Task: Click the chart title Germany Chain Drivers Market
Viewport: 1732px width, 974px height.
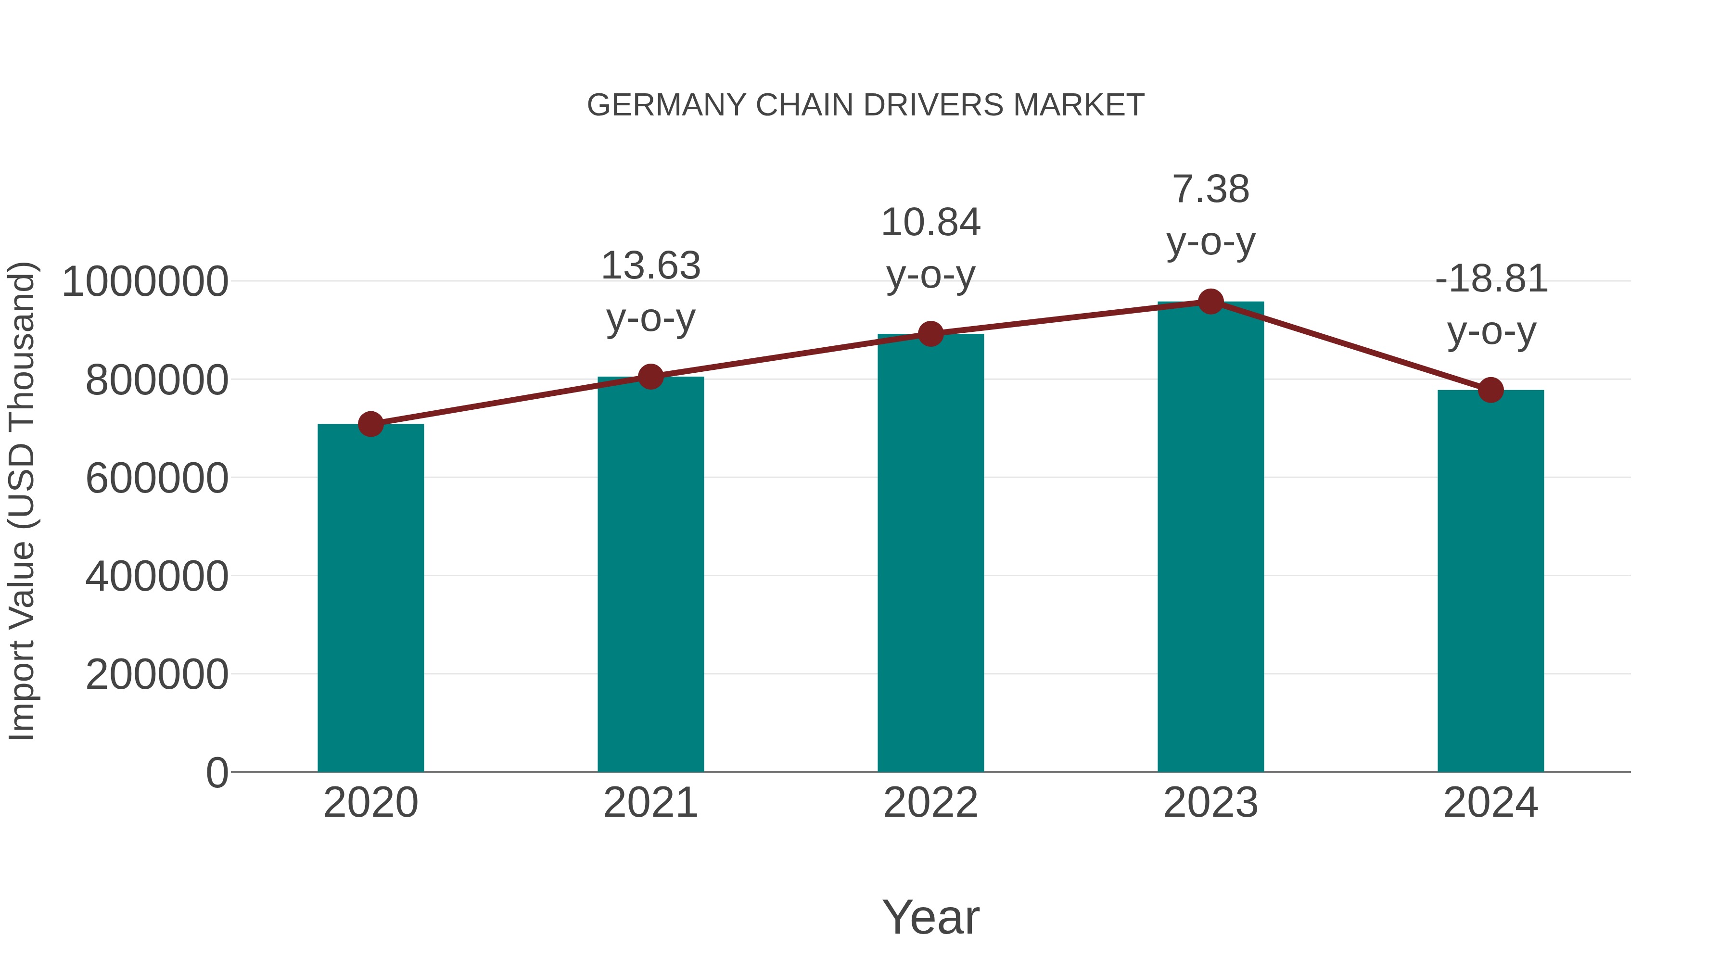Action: [x=866, y=105]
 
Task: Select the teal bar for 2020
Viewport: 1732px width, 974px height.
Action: [x=370, y=598]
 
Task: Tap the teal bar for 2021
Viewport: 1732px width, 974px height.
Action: [x=650, y=575]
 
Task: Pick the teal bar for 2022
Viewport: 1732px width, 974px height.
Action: [x=930, y=553]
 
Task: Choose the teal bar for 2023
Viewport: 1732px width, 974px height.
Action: [x=1210, y=538]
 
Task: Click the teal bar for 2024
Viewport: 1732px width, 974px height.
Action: [x=1490, y=582]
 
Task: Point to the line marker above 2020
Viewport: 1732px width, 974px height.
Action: [x=370, y=424]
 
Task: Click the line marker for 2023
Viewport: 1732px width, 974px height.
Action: [x=1210, y=302]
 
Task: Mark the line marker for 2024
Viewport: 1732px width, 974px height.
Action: [x=1490, y=390]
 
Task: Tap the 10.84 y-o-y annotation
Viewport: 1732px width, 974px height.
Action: [x=930, y=248]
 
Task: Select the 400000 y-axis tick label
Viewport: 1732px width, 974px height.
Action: [x=157, y=576]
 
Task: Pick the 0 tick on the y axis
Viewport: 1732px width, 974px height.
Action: [x=216, y=772]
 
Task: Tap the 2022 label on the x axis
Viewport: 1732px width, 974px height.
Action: [x=930, y=803]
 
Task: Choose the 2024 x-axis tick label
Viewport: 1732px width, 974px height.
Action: [x=1490, y=803]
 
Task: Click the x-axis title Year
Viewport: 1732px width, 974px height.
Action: [x=930, y=917]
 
